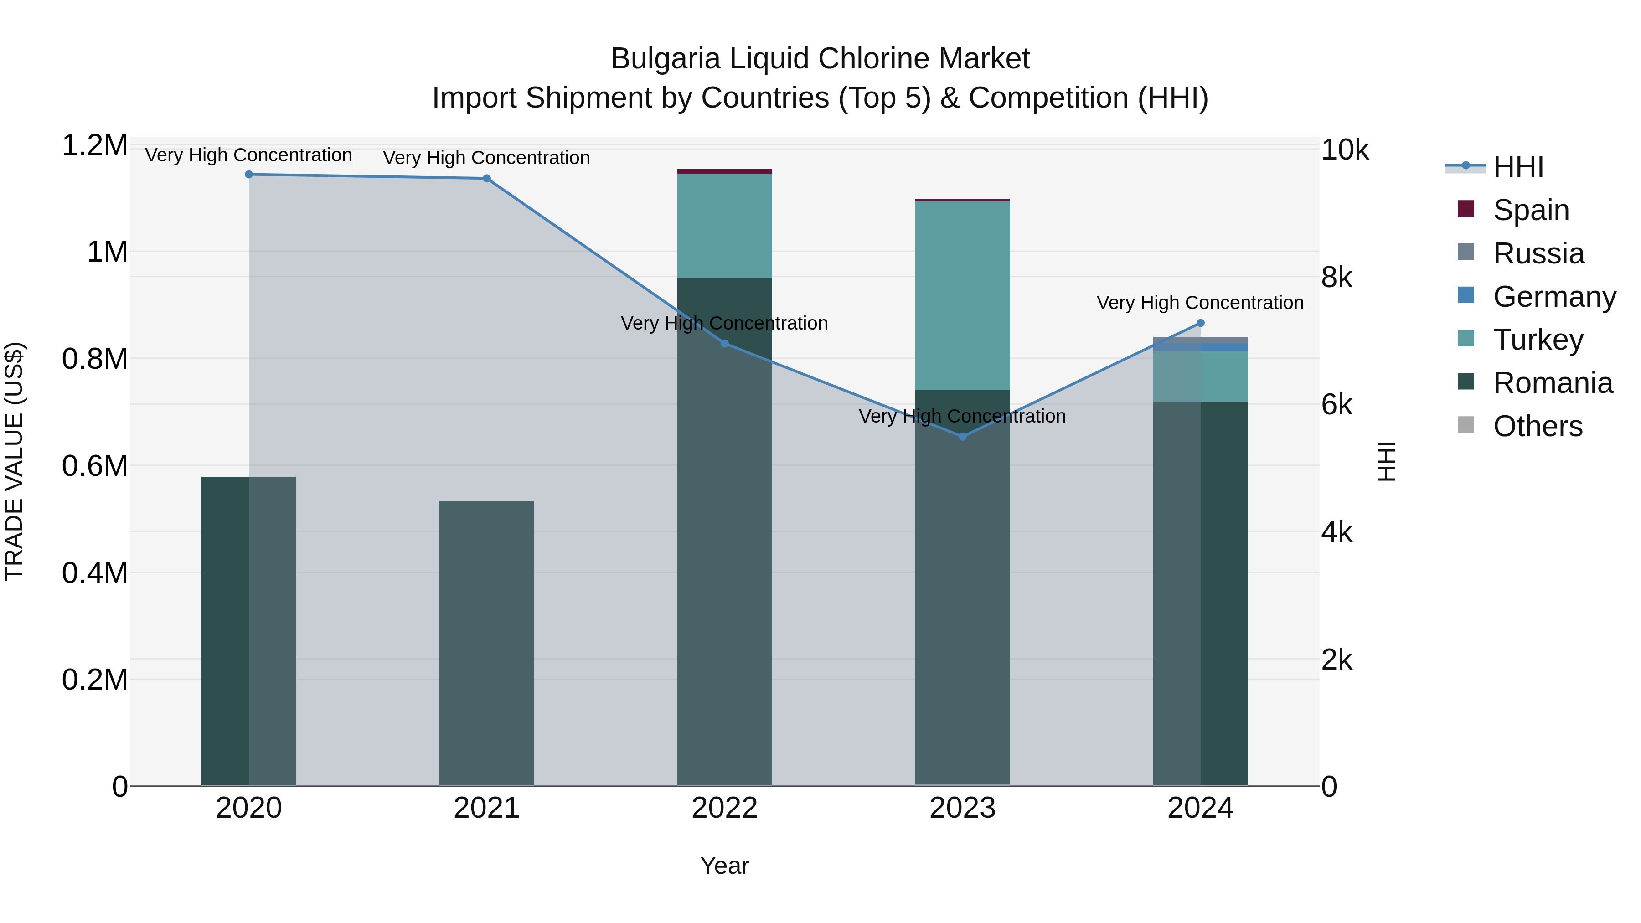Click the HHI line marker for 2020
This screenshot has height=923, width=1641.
248,175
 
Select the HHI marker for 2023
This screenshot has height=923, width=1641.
963,436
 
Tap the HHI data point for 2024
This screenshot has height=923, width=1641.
1201,323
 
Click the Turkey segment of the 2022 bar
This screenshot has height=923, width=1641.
724,226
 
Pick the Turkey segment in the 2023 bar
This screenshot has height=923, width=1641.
963,295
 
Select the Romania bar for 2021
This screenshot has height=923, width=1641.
487,643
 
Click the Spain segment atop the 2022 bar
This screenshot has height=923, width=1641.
724,171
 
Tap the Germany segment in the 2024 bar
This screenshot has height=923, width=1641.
1201,347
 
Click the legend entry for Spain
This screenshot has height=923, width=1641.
1530,210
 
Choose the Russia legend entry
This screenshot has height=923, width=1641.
1538,253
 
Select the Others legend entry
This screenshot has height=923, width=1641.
1537,426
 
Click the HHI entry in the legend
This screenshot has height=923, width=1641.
1517,167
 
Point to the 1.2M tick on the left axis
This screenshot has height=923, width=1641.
94,145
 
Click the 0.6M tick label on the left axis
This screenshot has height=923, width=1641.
94,466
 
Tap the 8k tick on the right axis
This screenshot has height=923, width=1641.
1337,278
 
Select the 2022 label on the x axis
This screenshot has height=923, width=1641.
724,808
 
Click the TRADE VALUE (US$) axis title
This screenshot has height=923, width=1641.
14,461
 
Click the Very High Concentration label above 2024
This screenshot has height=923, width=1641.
1200,303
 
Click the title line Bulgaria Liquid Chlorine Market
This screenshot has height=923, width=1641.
820,59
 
